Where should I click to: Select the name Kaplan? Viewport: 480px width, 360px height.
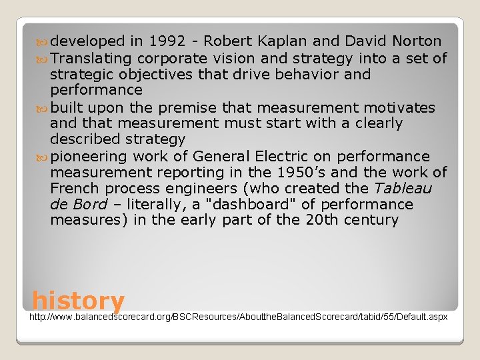pos(275,41)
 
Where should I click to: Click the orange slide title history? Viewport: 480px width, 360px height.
pos(78,301)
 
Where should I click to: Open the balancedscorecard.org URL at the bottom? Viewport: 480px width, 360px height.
pos(239,317)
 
